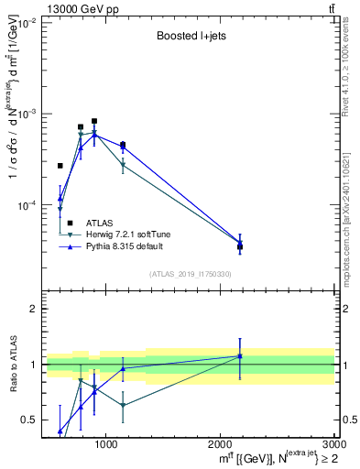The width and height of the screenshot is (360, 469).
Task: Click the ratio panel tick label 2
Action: click(x=33, y=310)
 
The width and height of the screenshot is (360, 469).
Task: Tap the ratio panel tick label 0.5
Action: click(x=29, y=420)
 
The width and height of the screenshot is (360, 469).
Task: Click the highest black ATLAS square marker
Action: click(x=94, y=121)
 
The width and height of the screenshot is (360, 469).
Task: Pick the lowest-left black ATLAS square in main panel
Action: click(x=60, y=166)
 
